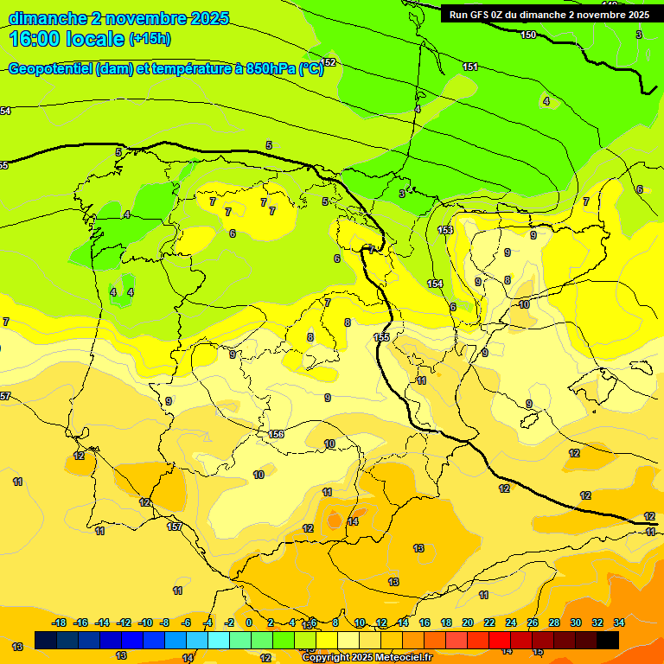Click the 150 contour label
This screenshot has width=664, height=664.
[528, 35]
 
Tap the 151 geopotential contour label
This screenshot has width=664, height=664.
[470, 67]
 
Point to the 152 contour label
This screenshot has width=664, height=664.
[329, 63]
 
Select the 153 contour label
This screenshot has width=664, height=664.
[445, 230]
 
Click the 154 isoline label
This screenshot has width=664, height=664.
[435, 284]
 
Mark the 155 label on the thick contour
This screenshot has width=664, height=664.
[381, 337]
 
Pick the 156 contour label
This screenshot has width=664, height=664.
[277, 434]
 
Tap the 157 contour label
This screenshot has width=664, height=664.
[175, 527]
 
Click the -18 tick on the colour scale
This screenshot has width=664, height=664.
[60, 622]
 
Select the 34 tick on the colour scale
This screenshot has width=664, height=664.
[619, 622]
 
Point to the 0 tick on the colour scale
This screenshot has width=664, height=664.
[249, 622]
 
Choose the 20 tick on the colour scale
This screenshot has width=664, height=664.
[468, 622]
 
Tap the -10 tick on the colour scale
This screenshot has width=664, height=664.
[145, 622]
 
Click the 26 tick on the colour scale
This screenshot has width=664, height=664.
[533, 622]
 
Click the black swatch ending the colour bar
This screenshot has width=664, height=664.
[608, 640]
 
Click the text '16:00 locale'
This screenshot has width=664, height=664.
[66, 38]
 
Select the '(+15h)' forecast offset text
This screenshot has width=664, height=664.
[150, 39]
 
